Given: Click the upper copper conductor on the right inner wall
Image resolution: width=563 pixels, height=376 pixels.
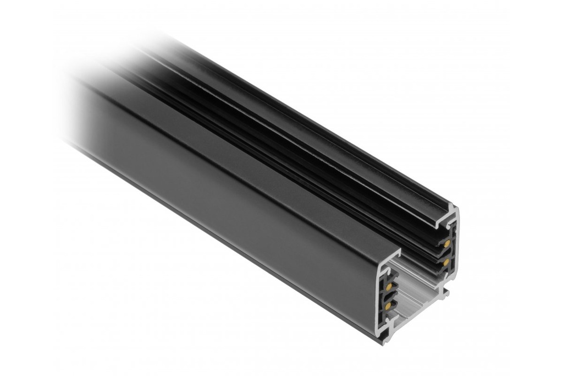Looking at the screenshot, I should point(448,243).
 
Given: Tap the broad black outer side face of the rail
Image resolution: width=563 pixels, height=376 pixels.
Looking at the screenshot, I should point(231,187).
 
